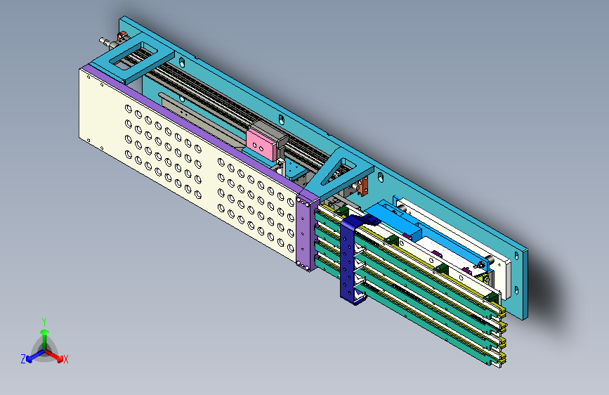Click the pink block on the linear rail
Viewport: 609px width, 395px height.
(261, 144)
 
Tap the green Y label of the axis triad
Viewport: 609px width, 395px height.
(44, 322)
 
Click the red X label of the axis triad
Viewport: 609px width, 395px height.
(65, 359)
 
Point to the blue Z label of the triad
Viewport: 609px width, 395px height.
(23, 359)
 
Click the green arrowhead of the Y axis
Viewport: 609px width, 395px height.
(45, 332)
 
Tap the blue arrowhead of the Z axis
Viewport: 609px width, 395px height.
(30, 359)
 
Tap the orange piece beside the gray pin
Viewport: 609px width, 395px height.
(122, 37)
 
